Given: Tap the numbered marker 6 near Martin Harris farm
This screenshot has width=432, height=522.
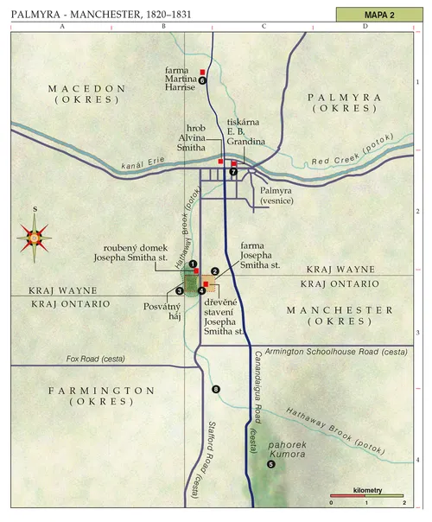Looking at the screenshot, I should [202, 80].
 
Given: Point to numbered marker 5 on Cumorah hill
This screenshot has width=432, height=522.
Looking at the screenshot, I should [270, 464].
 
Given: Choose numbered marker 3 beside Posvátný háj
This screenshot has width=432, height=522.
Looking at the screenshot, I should [180, 290].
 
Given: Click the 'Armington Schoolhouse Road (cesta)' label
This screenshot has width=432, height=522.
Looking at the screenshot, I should [333, 352].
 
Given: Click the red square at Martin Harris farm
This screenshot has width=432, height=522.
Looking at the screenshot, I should [202, 71].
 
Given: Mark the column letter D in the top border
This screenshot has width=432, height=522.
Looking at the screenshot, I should [365, 27].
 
